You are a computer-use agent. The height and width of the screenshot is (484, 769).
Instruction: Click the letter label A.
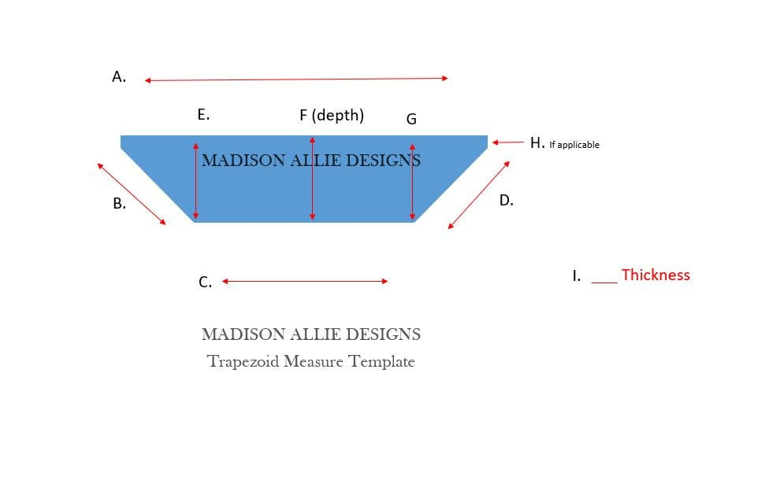pos(119,77)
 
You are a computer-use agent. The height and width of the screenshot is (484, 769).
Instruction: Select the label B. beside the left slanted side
pos(119,203)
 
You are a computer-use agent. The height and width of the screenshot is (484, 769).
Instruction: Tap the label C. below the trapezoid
pos(205,283)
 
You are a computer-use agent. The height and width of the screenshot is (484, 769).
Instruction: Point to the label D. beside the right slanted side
pos(506,201)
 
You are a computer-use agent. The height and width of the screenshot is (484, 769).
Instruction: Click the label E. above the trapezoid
pos(203,115)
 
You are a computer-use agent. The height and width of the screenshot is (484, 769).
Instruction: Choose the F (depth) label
pos(332,115)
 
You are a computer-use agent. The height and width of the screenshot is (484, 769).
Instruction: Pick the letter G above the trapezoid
pos(411,119)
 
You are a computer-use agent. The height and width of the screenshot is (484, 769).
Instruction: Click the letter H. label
pos(537,143)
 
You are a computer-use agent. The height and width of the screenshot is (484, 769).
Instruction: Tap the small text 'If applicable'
pos(574,145)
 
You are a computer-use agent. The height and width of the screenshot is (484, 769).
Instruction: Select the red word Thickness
pos(656,275)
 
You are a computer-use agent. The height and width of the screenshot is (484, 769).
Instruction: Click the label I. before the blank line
pos(576,275)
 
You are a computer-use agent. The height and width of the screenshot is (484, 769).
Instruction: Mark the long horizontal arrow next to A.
pos(296,79)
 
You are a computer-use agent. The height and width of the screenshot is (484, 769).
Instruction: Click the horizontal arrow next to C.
pos(305,281)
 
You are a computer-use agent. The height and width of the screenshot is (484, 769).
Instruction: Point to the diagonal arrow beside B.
pos(132,194)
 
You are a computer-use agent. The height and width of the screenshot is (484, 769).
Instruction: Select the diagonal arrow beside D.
pos(479,195)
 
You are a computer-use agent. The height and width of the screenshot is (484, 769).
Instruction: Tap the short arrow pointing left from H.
pos(508,142)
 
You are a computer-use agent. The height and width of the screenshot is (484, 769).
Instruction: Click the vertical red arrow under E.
pos(195,181)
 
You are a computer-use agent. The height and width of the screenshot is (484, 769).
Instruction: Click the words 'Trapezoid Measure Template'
pos(311,361)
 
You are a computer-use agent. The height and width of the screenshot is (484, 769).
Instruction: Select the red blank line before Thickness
pos(604,283)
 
